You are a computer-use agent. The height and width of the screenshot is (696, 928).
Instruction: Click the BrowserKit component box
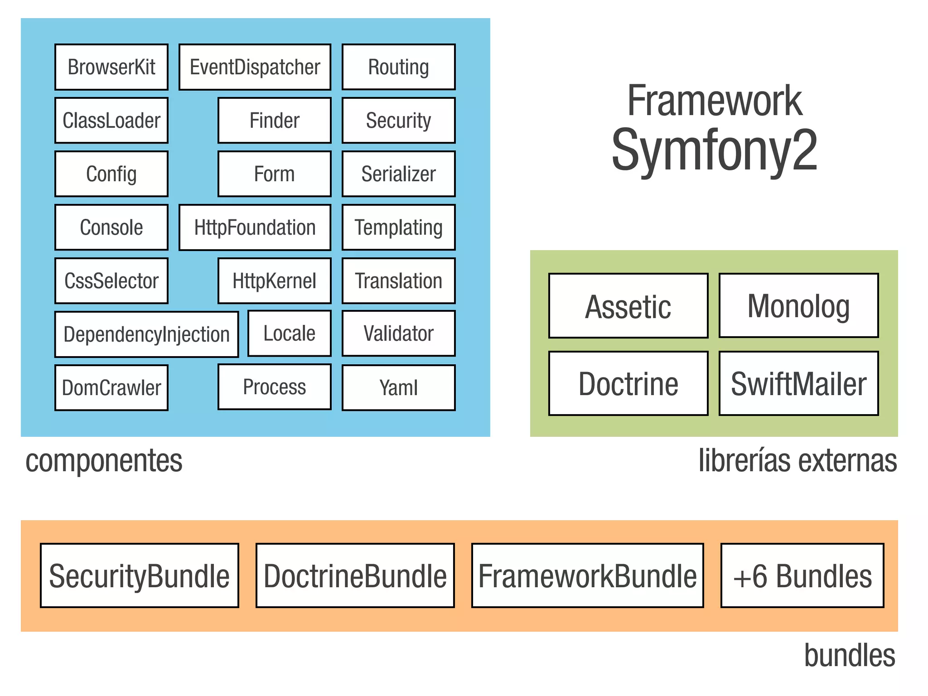(111, 67)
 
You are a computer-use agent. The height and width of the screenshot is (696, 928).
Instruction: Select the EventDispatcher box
(255, 67)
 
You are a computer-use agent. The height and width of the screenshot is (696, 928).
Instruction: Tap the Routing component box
(398, 67)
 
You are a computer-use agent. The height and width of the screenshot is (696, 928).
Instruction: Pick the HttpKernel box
(274, 281)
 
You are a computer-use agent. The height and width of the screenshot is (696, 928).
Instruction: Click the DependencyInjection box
(146, 334)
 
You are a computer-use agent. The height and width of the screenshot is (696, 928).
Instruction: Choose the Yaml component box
(398, 388)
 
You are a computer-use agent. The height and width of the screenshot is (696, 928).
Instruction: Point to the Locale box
(289, 333)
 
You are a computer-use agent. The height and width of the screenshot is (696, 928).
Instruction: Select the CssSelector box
(111, 281)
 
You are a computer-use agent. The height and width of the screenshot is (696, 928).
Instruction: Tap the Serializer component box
(398, 174)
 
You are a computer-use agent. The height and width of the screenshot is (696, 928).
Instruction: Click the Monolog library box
(798, 306)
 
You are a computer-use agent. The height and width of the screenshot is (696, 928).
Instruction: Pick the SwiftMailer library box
(798, 384)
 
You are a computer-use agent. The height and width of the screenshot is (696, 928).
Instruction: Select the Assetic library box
(628, 306)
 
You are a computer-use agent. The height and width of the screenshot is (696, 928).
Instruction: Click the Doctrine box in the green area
(628, 384)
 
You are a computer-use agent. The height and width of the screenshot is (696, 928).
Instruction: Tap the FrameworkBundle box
(587, 575)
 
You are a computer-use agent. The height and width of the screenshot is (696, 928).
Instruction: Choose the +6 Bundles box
(802, 575)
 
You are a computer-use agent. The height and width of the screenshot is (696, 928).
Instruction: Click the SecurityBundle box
(139, 575)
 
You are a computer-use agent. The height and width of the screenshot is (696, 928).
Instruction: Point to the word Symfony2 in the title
(714, 150)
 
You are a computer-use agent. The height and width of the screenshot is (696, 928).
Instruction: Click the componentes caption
(104, 461)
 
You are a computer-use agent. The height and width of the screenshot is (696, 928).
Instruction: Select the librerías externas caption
(797, 461)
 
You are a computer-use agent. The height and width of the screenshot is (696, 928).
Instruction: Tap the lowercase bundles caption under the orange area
(849, 655)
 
